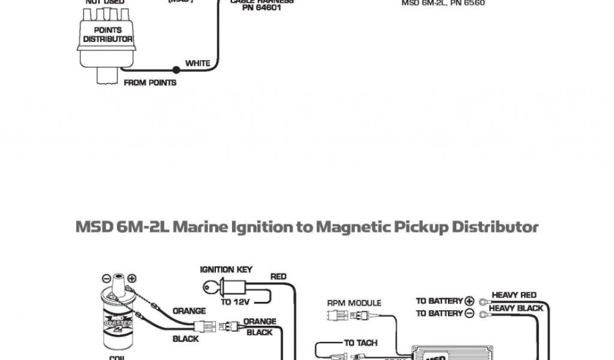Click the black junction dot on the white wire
[x=176, y=70]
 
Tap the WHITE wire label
[x=198, y=63]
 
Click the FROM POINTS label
[x=150, y=83]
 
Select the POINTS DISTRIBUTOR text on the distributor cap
[x=107, y=35]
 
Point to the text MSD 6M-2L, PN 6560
[x=443, y=3]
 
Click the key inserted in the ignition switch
[x=210, y=288]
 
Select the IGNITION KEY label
[x=225, y=270]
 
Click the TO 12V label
[x=235, y=301]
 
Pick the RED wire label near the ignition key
[x=278, y=277]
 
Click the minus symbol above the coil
[x=106, y=278]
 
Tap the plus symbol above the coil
[x=131, y=278]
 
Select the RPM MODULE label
[x=354, y=303]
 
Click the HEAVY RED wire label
[x=514, y=295]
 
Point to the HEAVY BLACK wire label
[x=516, y=308]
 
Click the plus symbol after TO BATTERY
[x=469, y=300]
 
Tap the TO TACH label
[x=360, y=343]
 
